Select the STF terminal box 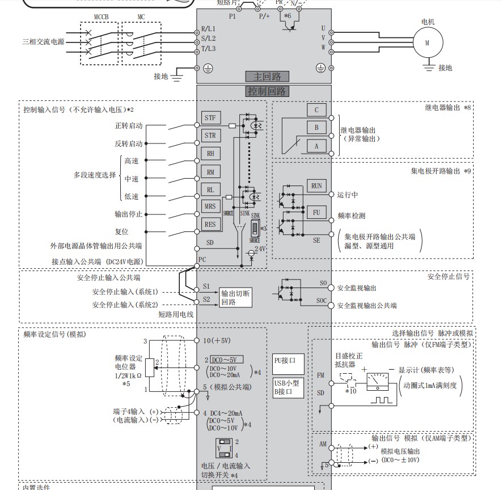[210, 118]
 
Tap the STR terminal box [210, 136]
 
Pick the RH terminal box [210, 154]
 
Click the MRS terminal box [210, 206]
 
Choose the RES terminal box [210, 225]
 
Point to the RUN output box [317, 185]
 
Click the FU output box [317, 213]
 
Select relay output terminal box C [317, 111]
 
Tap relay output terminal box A [317, 146]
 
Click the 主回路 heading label [263, 77]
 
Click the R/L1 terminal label [209, 28]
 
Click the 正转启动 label [129, 125]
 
